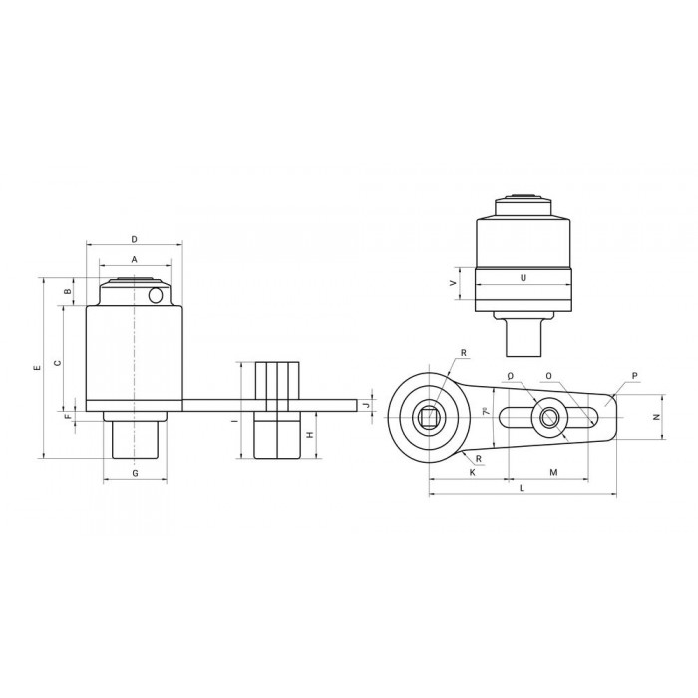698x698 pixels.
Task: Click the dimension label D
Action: tap(134, 239)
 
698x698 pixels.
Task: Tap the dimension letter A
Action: tap(134, 259)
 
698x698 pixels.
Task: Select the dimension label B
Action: tap(68, 291)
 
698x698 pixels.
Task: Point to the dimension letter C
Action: tap(57, 363)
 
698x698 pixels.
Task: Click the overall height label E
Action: tap(38, 368)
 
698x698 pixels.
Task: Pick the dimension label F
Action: tap(68, 417)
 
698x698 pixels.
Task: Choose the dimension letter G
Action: tap(135, 473)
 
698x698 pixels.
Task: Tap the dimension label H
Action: tap(311, 435)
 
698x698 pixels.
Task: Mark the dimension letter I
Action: tap(234, 420)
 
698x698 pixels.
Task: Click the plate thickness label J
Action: tap(366, 405)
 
